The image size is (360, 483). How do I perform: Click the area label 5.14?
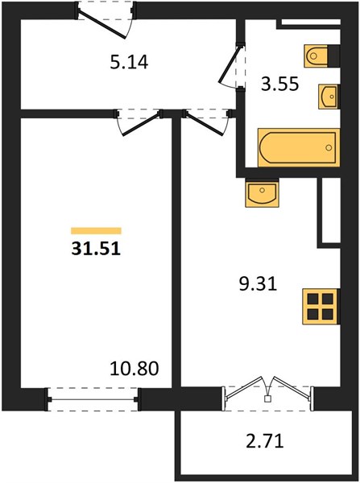coord(129,62)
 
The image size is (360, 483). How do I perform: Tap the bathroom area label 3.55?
coord(279,84)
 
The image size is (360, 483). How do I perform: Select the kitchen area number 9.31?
coord(258,284)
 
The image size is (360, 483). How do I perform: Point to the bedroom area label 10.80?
coord(134,369)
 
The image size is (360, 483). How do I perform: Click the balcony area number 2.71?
coord(265,441)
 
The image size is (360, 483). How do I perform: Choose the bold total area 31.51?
coord(96,248)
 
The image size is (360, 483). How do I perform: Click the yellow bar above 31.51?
coord(96,231)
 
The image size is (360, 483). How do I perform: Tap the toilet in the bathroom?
coord(316,56)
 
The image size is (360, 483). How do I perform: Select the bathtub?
coord(299,147)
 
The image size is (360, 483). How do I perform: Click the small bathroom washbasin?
coord(328,97)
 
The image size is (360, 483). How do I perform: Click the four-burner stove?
coord(321,307)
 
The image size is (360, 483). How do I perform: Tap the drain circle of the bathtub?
coord(329,148)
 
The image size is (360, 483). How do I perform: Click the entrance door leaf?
coord(102,24)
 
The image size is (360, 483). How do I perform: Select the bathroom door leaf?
coord(229,64)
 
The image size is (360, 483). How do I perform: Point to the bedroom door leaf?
coord(142,124)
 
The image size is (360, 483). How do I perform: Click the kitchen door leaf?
coord(204,123)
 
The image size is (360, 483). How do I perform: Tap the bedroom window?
coord(93,399)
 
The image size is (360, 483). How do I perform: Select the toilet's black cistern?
coord(333,56)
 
